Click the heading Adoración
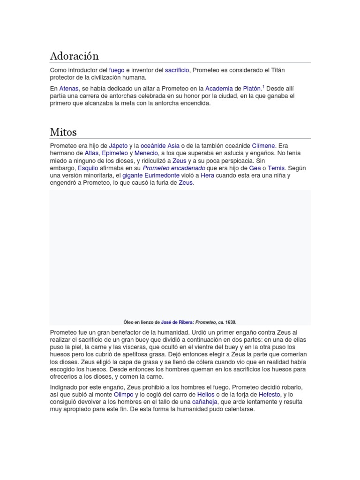coord(75,56)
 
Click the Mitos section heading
coord(63,132)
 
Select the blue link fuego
coord(117,70)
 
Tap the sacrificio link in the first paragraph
coord(177,70)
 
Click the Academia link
coord(219,89)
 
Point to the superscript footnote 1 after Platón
coord(263,87)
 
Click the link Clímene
coord(263,146)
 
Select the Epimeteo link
coord(115,153)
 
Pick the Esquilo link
coord(88,168)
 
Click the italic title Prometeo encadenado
coord(173,168)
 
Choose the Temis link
coord(276,168)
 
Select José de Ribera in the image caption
coord(177,322)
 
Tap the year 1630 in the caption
coord(230,322)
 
